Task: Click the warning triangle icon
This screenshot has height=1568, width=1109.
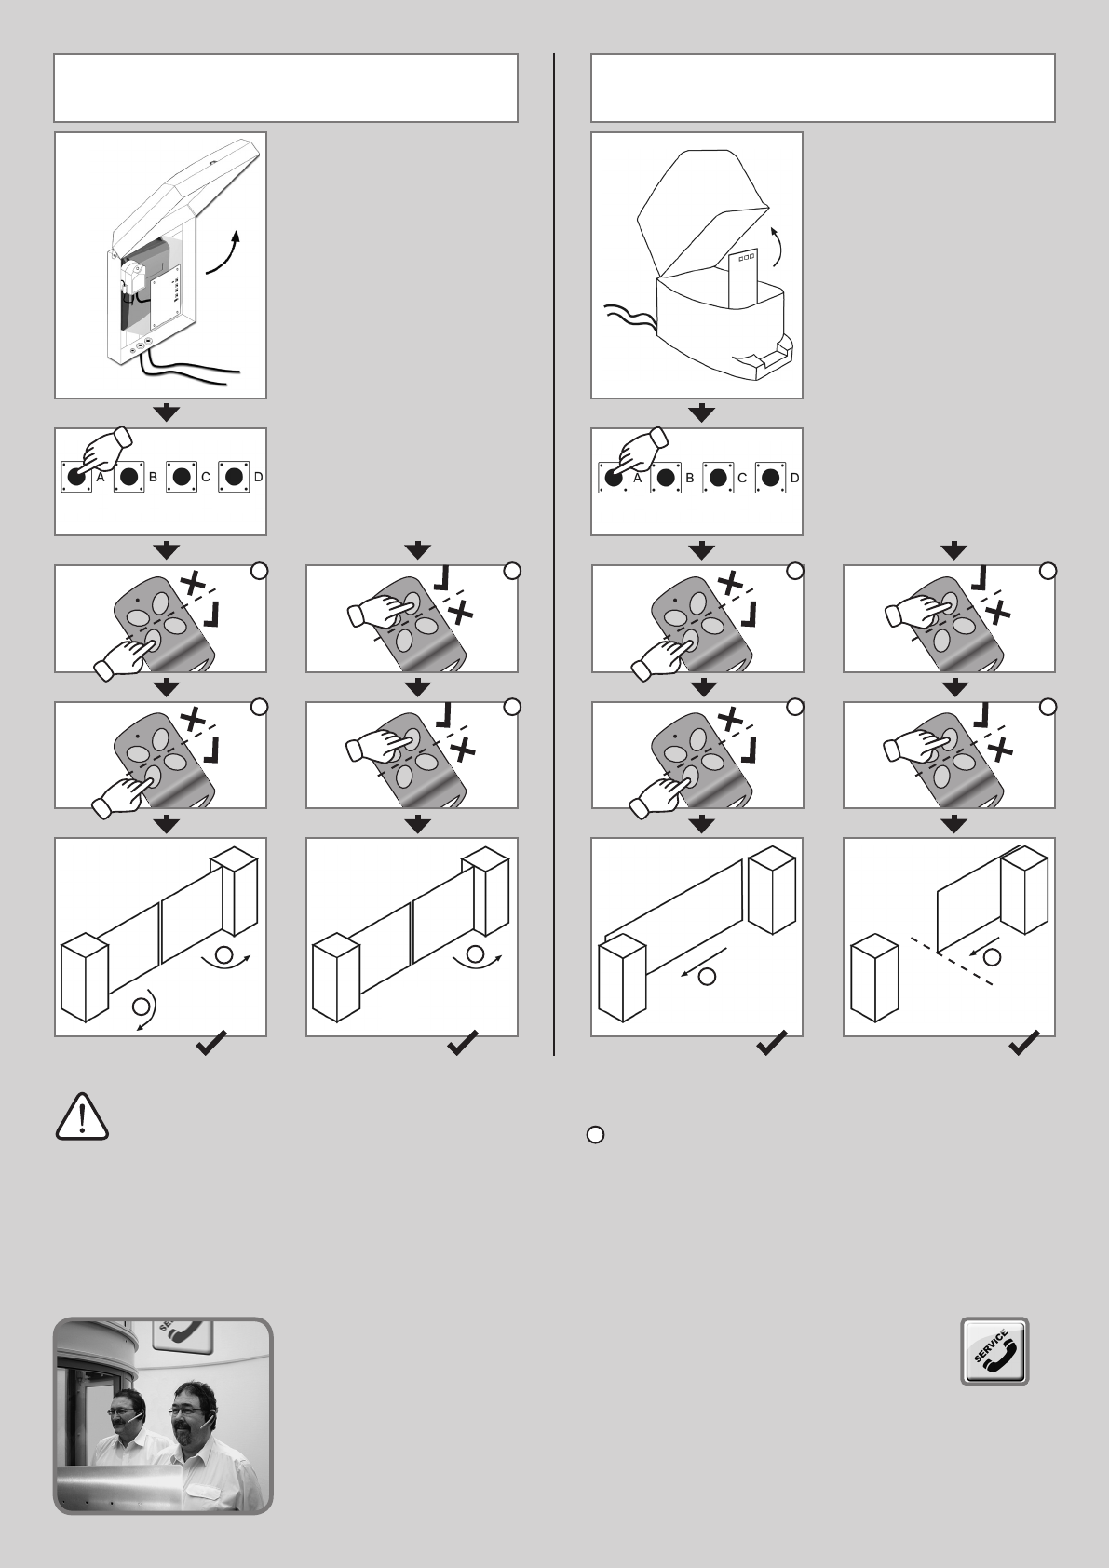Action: pos(82,1116)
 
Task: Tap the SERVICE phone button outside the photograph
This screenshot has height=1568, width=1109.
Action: pos(994,1351)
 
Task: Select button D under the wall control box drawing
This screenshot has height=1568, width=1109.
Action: pos(234,477)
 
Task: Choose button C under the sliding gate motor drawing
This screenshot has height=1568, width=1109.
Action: pos(718,478)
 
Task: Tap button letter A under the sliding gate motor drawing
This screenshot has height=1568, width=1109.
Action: pos(637,478)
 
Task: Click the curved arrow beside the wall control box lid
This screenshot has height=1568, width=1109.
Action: pos(223,252)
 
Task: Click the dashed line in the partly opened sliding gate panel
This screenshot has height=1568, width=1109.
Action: pos(952,960)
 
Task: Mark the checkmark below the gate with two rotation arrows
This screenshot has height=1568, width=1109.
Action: pos(211,1043)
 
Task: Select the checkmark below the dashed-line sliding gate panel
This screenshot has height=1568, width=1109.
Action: pos(1023,1043)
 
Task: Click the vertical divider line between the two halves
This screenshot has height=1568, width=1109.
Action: pos(554,554)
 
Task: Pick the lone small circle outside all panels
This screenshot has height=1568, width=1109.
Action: pos(595,1135)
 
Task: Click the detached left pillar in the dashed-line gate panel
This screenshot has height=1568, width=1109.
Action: pos(874,981)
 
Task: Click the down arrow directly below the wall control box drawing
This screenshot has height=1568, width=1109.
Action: pos(167,413)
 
